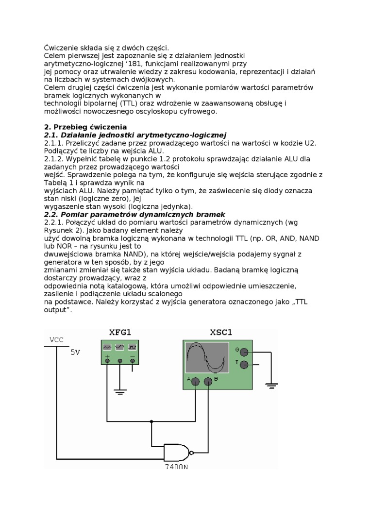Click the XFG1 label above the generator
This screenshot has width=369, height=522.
[x=120, y=333]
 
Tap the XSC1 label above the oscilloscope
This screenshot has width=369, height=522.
[x=221, y=333]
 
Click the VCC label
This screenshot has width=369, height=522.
[x=57, y=340]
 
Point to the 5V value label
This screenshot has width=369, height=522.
[x=75, y=353]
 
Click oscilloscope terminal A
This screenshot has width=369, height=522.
[x=195, y=382]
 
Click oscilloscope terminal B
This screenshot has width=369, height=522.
[x=208, y=382]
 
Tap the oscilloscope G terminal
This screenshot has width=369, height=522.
[x=244, y=352]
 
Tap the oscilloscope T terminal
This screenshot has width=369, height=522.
[x=244, y=364]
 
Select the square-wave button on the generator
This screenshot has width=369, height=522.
[x=132, y=347]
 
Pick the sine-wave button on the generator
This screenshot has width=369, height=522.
[x=107, y=347]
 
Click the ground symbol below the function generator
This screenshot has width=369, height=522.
[x=120, y=391]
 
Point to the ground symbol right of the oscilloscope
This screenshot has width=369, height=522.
[x=271, y=385]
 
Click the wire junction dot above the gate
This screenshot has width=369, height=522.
[x=151, y=421]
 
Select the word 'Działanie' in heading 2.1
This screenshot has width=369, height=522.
[x=80, y=135]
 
